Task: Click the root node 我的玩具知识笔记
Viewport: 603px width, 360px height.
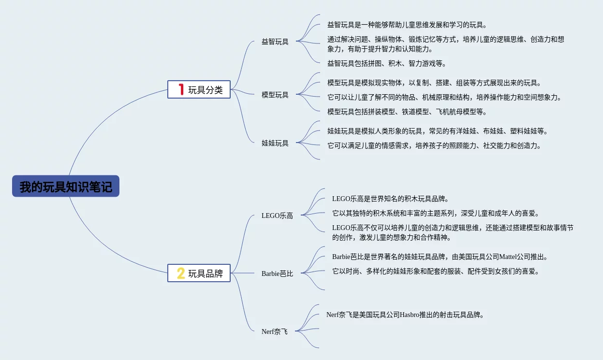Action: tap(66, 187)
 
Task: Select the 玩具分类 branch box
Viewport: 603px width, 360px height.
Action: tap(199, 90)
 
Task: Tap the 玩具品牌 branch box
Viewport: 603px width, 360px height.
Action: tap(199, 274)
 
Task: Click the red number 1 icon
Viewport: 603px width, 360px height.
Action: tap(181, 89)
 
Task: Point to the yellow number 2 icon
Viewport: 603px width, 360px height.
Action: tap(181, 274)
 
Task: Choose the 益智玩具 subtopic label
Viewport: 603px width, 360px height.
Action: tap(275, 42)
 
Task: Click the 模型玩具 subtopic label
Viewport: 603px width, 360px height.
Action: tap(275, 95)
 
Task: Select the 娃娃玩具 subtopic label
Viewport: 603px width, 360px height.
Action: tap(275, 143)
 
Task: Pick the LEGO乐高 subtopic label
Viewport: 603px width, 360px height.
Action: tap(277, 216)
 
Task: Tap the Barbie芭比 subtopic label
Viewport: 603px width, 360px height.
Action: tap(277, 274)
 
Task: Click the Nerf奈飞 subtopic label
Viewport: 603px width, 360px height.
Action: tap(274, 331)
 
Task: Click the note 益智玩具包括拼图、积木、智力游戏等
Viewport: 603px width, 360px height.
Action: tap(386, 63)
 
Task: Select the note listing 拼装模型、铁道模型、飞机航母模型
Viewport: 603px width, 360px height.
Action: tap(407, 112)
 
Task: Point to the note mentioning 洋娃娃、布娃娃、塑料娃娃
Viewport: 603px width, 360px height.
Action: tap(438, 131)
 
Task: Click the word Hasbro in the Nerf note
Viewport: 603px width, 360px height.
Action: tap(412, 315)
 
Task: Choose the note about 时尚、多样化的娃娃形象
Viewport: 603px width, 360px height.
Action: tap(435, 271)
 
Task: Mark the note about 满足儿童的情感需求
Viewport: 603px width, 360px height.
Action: tap(434, 145)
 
